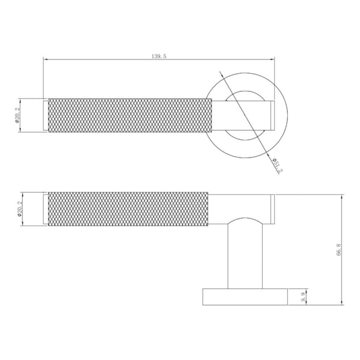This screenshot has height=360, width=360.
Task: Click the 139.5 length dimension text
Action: (158, 56)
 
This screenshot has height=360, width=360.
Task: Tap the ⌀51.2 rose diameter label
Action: (277, 165)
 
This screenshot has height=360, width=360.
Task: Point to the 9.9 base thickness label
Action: (304, 297)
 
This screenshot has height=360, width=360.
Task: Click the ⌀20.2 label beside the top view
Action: (17, 115)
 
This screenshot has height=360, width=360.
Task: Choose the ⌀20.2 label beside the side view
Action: (19, 209)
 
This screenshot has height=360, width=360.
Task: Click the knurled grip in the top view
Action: (130, 115)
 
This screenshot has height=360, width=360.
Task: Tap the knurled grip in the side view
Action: (128, 209)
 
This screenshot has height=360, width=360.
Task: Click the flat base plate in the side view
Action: (245, 297)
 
